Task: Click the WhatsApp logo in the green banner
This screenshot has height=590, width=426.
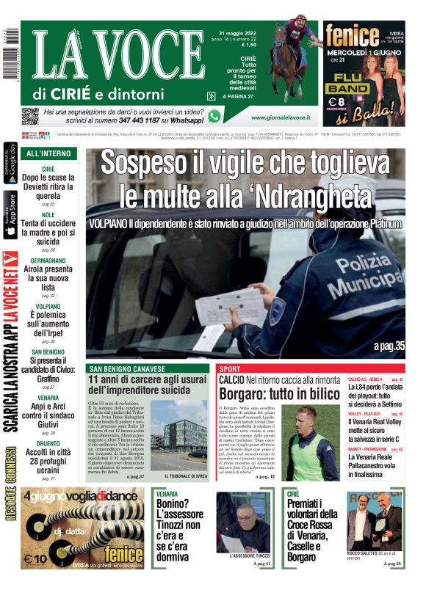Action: click(x=214, y=116)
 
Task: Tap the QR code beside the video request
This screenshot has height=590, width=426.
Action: click(x=30, y=116)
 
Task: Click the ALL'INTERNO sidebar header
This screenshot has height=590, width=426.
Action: click(x=48, y=154)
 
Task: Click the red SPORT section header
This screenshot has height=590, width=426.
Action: click(x=230, y=368)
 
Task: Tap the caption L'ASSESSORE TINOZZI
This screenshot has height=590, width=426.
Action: click(x=239, y=556)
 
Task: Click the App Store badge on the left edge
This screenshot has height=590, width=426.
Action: click(x=10, y=214)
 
